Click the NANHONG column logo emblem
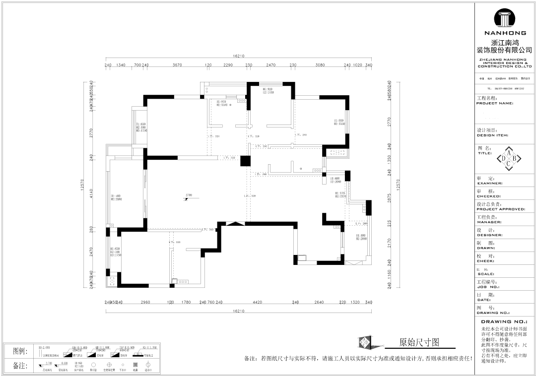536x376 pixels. click(x=504, y=19)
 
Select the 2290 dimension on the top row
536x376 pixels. click(x=228, y=65)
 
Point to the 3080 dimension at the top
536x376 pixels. click(x=320, y=65)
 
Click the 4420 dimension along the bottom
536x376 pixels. click(x=257, y=302)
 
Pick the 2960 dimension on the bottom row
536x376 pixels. click(x=145, y=302)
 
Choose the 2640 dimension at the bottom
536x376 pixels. click(x=319, y=302)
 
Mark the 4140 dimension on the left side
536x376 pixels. click(x=91, y=193)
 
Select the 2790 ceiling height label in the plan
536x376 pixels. click(x=189, y=195)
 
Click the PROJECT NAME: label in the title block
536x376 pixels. click(x=494, y=103)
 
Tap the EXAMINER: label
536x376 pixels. click(x=489, y=183)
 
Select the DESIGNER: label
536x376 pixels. click(x=489, y=235)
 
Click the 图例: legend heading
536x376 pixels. click(x=20, y=351)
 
